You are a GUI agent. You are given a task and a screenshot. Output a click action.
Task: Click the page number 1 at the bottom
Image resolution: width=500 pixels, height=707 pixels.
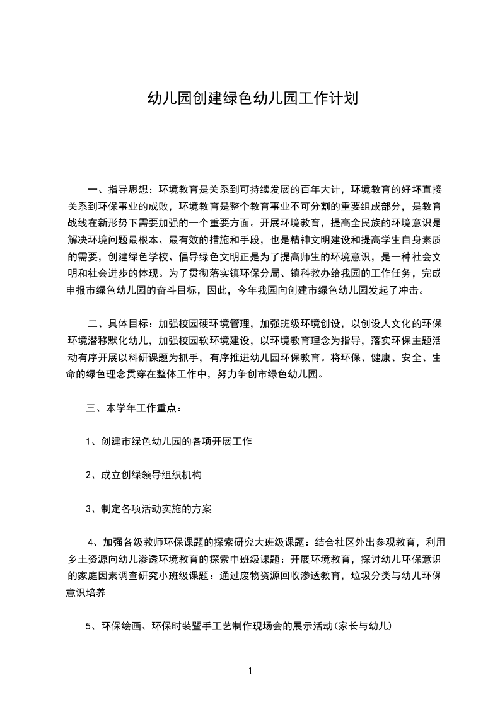pyautogui.click(x=250, y=671)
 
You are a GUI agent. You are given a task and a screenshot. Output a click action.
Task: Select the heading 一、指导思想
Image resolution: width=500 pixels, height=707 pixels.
pyautogui.click(x=118, y=188)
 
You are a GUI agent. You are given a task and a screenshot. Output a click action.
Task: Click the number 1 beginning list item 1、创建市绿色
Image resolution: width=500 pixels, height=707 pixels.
pyautogui.click(x=89, y=442)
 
